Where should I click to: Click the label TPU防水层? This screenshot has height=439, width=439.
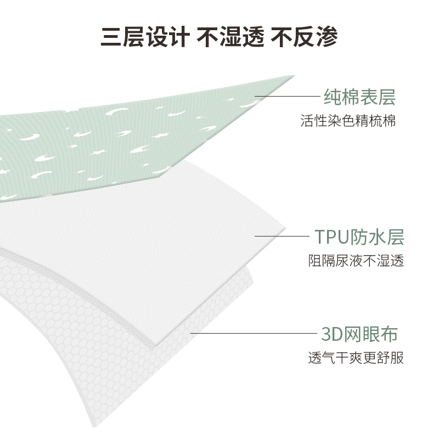(x=359, y=237)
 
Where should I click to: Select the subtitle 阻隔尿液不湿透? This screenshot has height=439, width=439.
(x=356, y=261)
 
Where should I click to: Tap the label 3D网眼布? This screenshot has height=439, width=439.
(x=359, y=333)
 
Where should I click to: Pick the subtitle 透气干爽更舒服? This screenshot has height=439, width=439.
(x=356, y=358)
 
